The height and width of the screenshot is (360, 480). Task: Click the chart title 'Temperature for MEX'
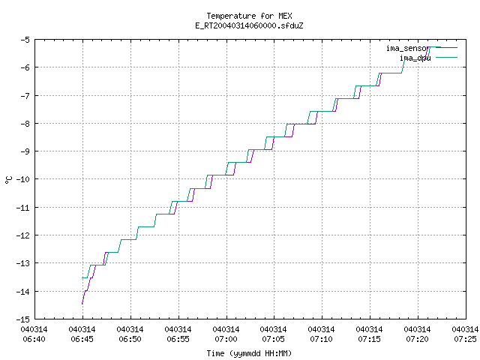(249, 16)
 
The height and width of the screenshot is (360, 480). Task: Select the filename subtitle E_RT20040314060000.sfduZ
(249, 25)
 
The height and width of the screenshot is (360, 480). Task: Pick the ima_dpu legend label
(415, 58)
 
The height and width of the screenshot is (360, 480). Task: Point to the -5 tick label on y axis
(25, 40)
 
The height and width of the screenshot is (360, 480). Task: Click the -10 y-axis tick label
(23, 179)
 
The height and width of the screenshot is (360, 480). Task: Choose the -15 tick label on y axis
(23, 319)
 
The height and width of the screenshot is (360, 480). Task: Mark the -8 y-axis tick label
(25, 123)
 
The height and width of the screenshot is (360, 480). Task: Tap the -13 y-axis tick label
(23, 263)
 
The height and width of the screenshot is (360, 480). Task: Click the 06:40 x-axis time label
(34, 339)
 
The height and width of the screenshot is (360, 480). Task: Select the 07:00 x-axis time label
(226, 339)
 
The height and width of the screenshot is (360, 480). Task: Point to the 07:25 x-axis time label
(465, 339)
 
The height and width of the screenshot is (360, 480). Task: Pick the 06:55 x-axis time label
(178, 339)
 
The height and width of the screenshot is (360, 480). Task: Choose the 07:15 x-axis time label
(369, 339)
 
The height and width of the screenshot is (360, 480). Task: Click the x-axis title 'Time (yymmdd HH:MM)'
(249, 353)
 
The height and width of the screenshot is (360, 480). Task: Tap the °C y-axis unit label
(9, 180)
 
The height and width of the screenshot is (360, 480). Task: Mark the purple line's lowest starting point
(82, 304)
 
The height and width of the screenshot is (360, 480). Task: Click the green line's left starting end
(82, 277)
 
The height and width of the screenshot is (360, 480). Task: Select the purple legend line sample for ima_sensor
(447, 48)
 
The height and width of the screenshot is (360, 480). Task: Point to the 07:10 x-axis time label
(321, 339)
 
